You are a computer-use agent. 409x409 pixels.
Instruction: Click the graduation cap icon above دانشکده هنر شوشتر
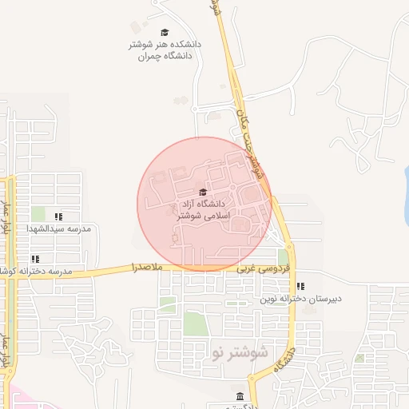point(165,33)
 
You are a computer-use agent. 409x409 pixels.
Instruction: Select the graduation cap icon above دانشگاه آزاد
point(202,192)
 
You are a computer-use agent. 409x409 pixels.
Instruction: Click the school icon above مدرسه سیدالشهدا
point(58,216)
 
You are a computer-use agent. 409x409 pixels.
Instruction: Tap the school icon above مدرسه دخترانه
point(35,259)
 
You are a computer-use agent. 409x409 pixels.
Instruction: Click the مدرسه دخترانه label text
point(40,272)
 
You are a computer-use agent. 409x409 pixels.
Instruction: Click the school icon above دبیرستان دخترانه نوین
point(300,286)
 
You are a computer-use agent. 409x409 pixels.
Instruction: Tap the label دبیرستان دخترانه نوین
point(300,299)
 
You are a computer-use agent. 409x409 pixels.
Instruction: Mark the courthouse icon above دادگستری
point(240,397)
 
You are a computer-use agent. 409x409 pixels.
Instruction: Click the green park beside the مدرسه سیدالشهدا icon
point(38,214)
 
